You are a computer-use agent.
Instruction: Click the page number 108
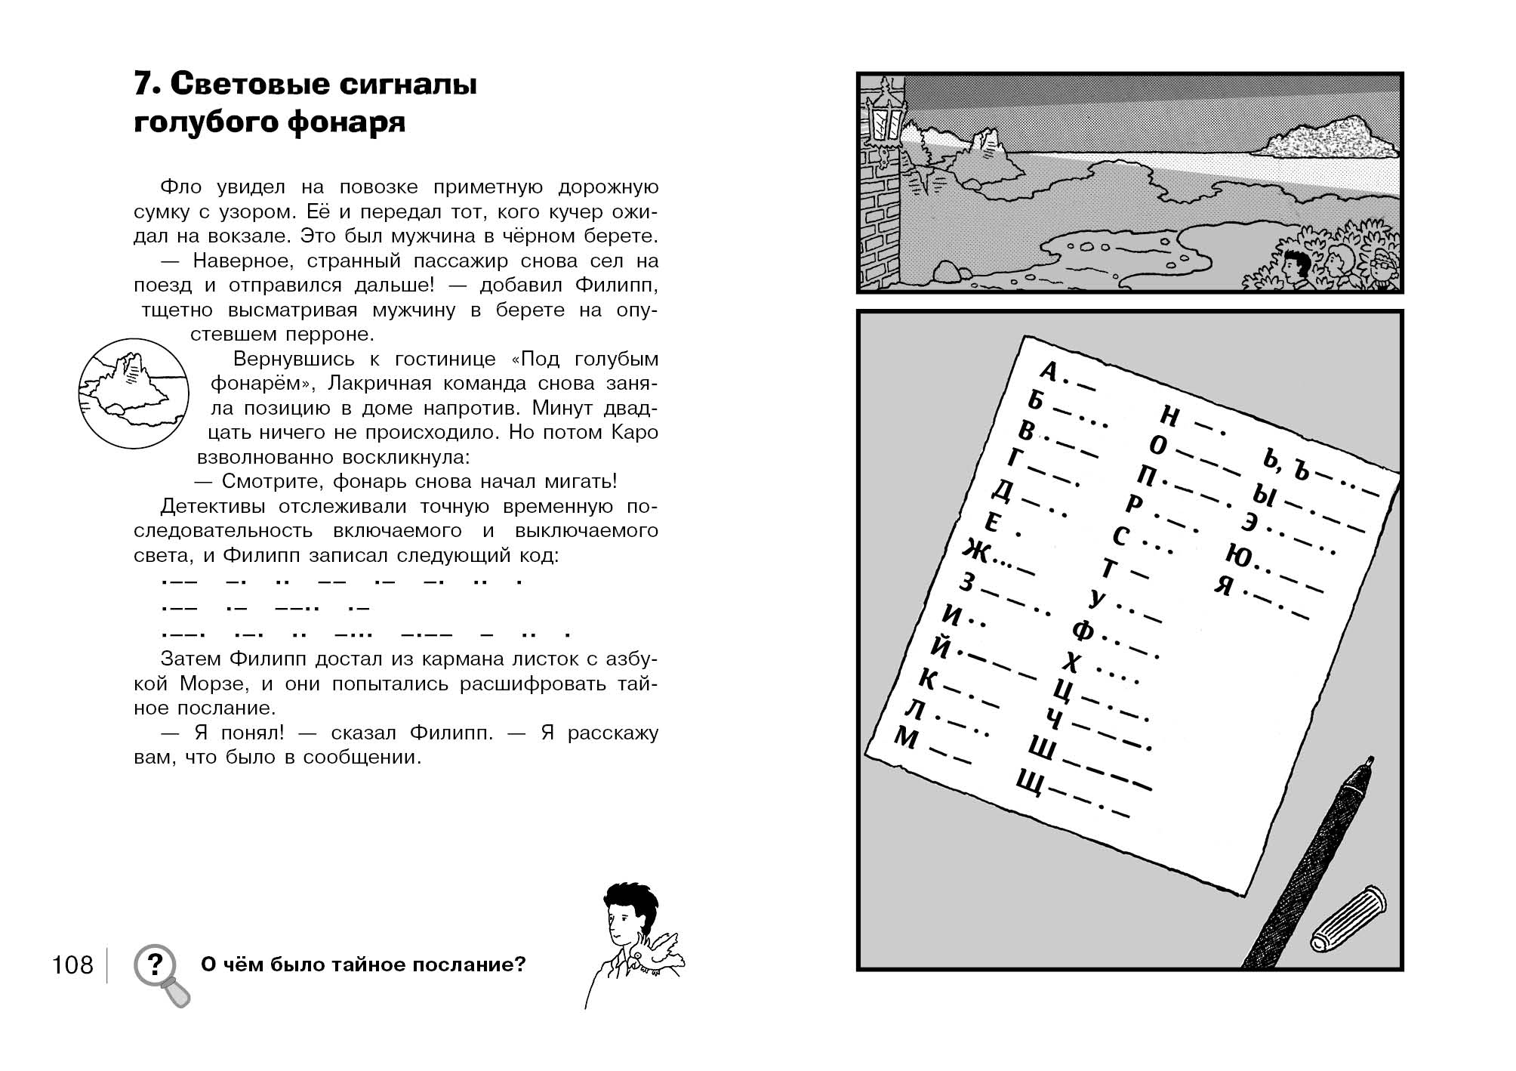72,965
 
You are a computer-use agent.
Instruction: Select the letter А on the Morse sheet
1049,370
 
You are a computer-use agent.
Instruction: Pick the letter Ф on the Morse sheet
1083,629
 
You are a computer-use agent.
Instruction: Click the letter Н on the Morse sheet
1169,415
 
